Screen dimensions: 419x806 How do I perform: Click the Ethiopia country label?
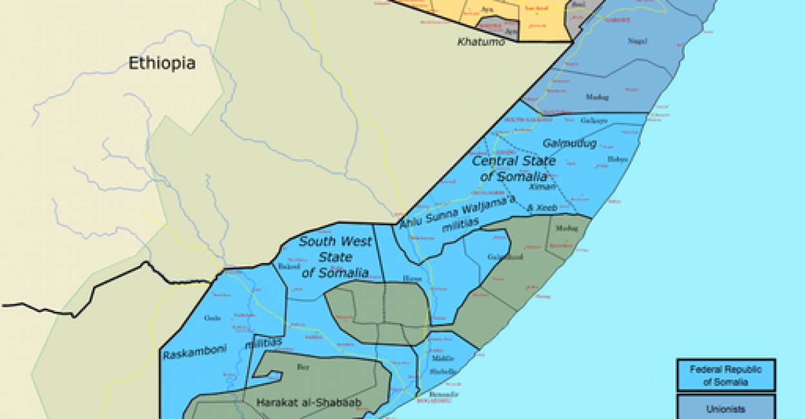[162, 63]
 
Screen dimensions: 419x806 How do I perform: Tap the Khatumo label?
[481, 43]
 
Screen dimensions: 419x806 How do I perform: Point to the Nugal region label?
[637, 41]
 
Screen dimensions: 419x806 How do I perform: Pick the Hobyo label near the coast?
[617, 159]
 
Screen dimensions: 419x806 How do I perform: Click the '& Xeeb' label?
[541, 208]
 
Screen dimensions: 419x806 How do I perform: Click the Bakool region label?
[286, 266]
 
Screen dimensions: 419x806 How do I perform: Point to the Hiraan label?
[412, 278]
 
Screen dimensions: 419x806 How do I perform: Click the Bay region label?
[303, 367]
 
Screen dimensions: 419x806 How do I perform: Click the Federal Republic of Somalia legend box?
[725, 375]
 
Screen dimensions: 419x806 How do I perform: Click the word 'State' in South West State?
[335, 257]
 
